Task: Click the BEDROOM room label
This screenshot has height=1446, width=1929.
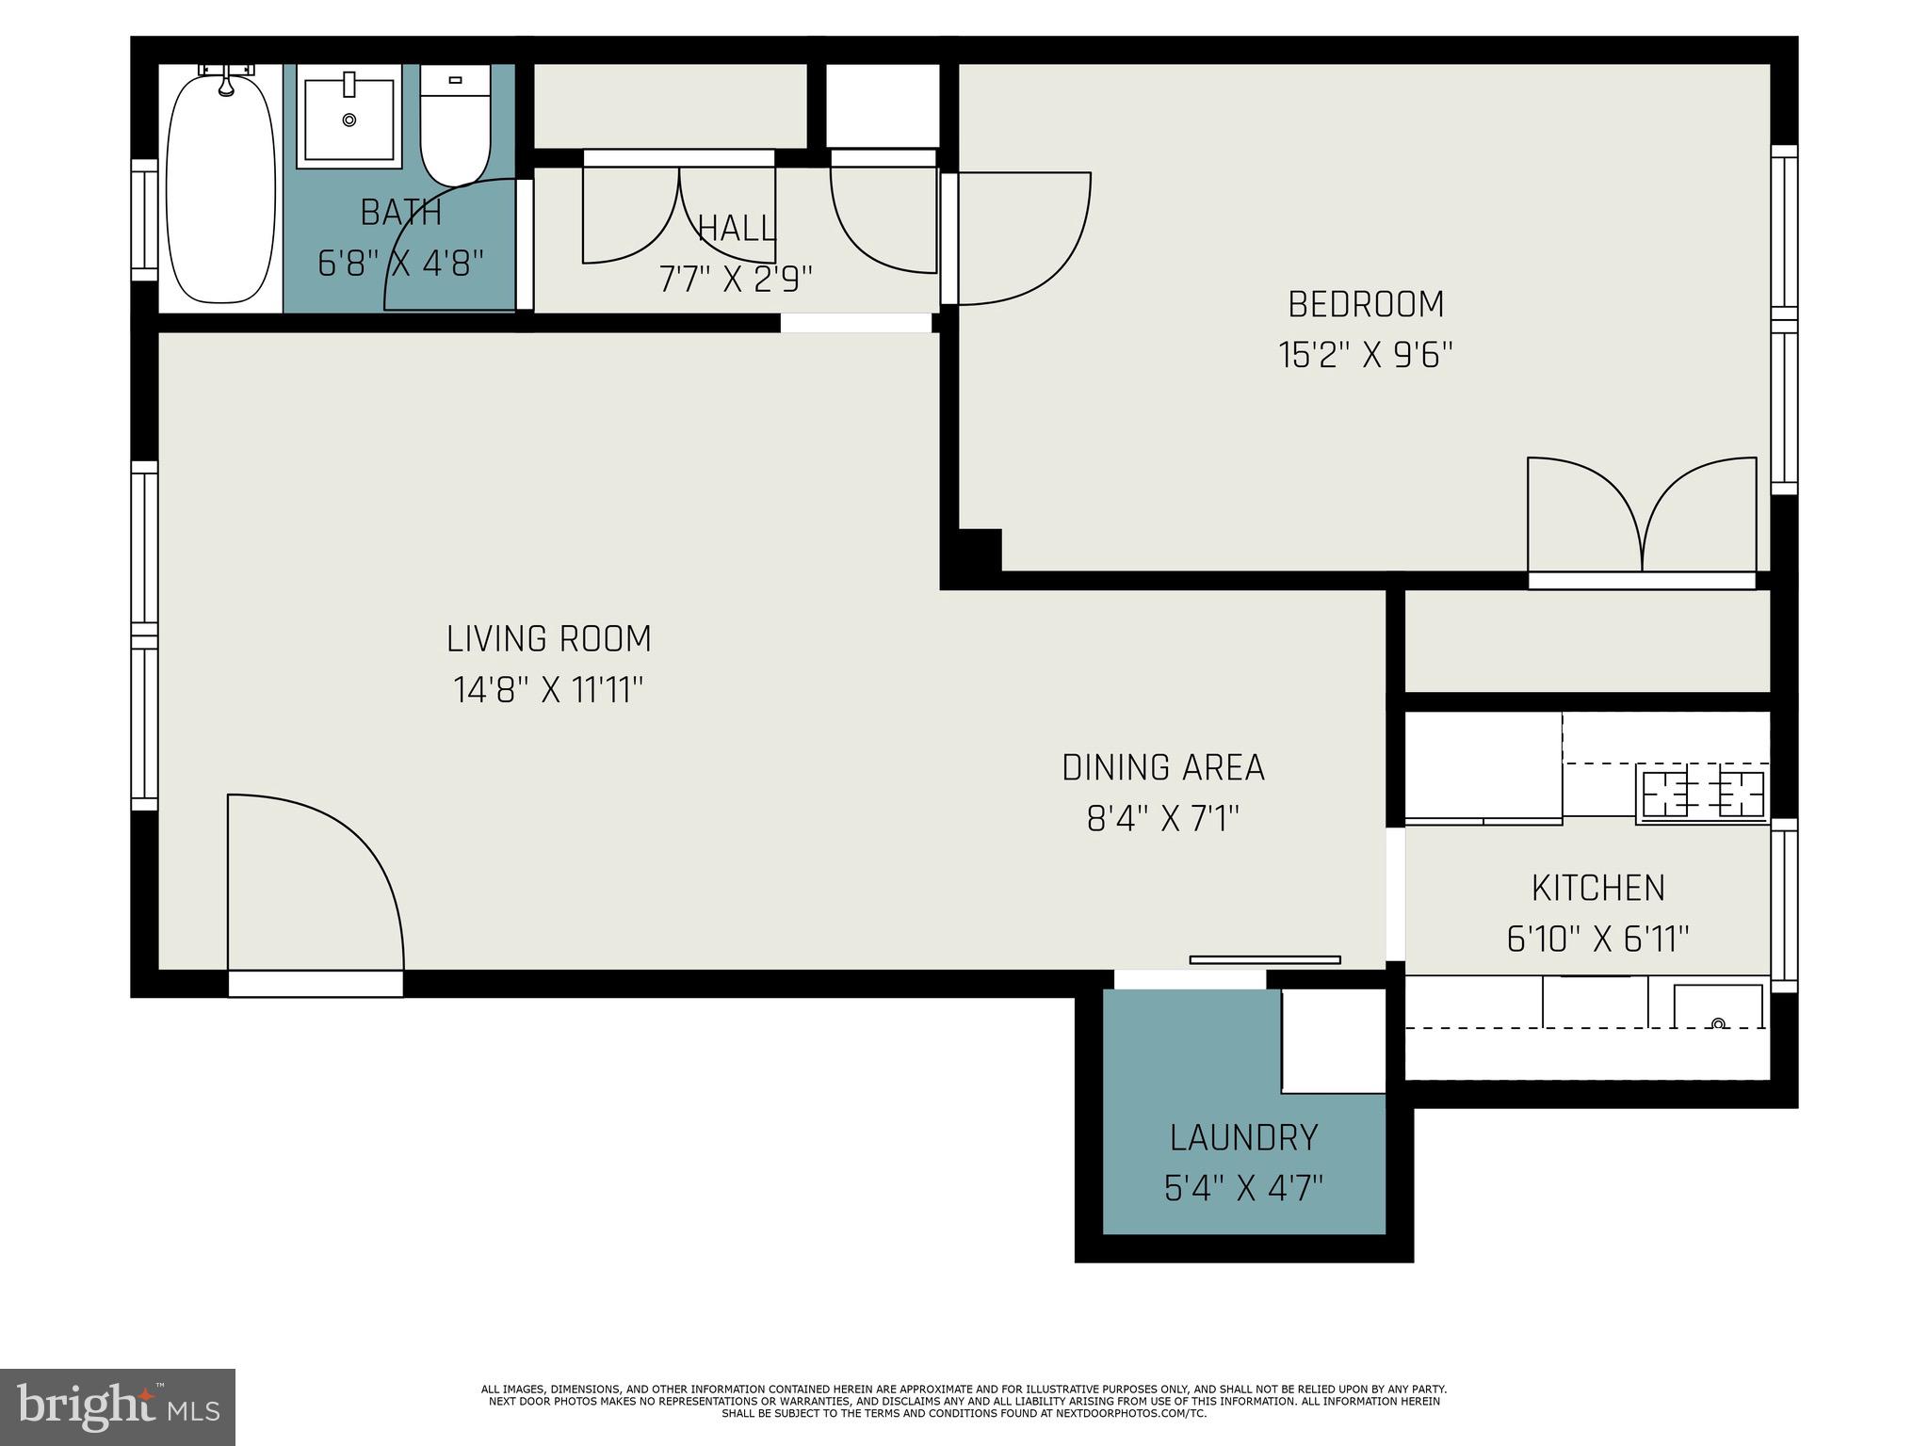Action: (x=1365, y=304)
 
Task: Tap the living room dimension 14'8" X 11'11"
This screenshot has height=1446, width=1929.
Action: (x=548, y=690)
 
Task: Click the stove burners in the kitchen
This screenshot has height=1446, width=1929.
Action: (x=1702, y=794)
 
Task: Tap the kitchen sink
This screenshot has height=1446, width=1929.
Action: (x=1717, y=1008)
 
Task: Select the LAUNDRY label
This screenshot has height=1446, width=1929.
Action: (x=1243, y=1138)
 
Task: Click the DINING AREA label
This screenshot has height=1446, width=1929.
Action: (x=1162, y=768)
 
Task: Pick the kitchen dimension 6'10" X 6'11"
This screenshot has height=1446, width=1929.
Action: (x=1597, y=939)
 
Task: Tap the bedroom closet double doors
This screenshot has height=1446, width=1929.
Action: (x=1642, y=518)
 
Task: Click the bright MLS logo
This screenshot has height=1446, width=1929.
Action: (x=117, y=1406)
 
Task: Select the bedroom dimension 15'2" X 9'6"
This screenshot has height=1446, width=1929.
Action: (x=1365, y=356)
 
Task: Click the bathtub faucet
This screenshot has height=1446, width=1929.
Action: (x=226, y=83)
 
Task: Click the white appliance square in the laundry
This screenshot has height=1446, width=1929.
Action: (x=1333, y=1040)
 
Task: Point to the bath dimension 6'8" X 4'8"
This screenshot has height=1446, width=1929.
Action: (x=401, y=264)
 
